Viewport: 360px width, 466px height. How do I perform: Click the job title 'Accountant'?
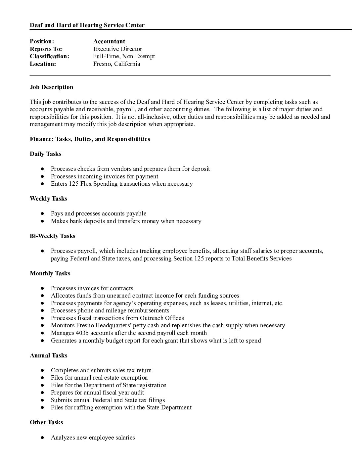109,41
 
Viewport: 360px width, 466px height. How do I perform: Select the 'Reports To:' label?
46,49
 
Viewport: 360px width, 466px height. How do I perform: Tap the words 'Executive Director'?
117,49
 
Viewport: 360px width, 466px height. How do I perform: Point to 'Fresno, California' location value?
116,64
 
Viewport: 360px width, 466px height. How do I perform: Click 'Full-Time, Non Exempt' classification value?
124,56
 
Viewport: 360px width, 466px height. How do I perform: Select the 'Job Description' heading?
51,87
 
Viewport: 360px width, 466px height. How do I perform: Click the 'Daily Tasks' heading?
45,154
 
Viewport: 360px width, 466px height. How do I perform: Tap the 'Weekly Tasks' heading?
48,199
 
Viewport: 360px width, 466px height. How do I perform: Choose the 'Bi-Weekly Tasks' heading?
52,236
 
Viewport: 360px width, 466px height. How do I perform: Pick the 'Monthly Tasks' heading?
50,273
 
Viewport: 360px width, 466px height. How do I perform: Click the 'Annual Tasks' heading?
48,355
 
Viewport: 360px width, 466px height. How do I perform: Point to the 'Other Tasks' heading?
46,422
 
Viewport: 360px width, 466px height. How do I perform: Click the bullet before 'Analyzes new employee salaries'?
43,438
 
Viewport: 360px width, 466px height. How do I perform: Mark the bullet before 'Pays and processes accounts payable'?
43,214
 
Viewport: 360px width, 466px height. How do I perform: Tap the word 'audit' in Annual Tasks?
137,393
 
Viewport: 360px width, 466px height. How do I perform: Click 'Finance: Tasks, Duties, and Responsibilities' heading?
90,139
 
